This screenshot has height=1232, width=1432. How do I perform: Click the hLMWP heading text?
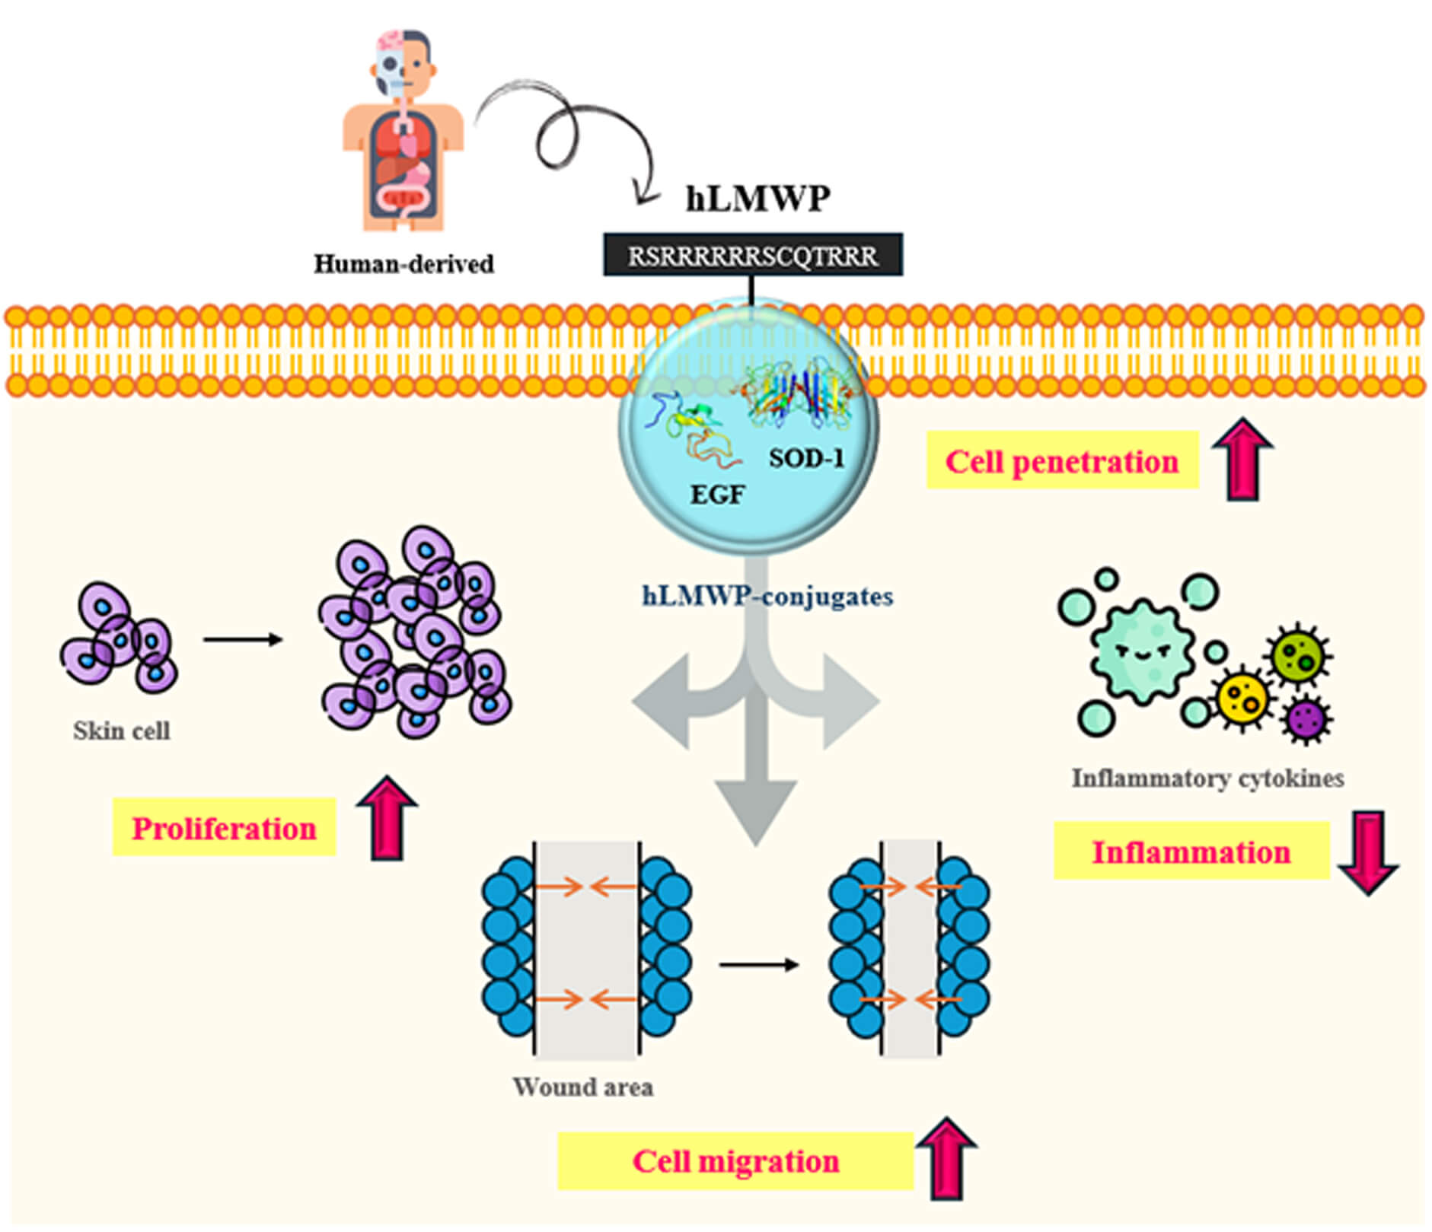pyautogui.click(x=757, y=199)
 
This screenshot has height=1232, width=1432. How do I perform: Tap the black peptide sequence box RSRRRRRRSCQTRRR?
pyautogui.click(x=752, y=256)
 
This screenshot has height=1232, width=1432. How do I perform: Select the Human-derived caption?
pyautogui.click(x=403, y=264)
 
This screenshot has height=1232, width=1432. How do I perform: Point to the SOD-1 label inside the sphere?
pyautogui.click(x=806, y=458)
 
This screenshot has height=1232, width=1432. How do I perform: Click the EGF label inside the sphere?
pyautogui.click(x=716, y=495)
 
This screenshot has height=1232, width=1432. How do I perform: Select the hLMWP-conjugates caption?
pyautogui.click(x=767, y=596)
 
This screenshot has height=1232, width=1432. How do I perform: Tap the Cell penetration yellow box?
pyautogui.click(x=1061, y=461)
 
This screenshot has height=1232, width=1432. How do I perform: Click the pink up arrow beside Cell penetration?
pyautogui.click(x=1242, y=460)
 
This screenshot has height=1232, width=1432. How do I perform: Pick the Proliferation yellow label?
pyautogui.click(x=224, y=828)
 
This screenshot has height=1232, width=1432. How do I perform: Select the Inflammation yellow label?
pyautogui.click(x=1191, y=852)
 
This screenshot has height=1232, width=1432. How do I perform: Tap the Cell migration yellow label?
pyautogui.click(x=735, y=1161)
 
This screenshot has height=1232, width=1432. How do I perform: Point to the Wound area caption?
pyautogui.click(x=582, y=1087)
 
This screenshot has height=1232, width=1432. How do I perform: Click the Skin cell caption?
pyautogui.click(x=121, y=731)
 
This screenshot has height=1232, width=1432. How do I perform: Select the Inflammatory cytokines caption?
pyautogui.click(x=1207, y=778)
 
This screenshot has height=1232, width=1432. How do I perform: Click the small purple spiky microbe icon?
pyautogui.click(x=1306, y=718)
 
